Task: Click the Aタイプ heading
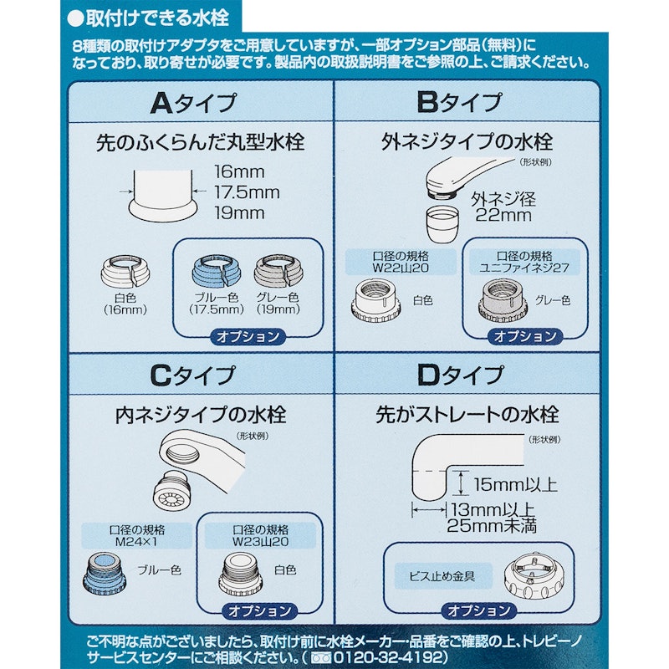193,103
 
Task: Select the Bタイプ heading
459,102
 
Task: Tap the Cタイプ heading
192,375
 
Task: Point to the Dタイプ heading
461,375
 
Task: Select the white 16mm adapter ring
125,271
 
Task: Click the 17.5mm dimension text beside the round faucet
247,192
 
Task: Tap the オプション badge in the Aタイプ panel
248,337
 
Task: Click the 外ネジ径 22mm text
503,207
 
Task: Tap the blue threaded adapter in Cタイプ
106,575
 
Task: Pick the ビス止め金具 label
442,576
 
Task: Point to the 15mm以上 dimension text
515,485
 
